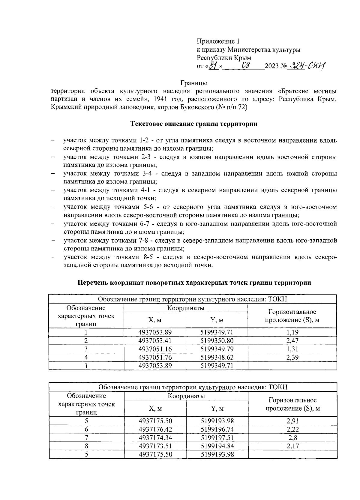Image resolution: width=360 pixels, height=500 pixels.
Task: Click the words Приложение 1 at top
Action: (x=218, y=41)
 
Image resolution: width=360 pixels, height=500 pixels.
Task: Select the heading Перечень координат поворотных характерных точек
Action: (x=194, y=283)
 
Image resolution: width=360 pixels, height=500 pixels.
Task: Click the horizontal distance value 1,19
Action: (x=292, y=332)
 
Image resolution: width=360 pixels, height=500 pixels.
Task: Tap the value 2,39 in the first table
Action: (x=292, y=357)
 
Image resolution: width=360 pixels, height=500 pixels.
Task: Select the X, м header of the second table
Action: (x=155, y=408)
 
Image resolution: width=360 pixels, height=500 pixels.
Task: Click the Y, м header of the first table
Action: (x=217, y=320)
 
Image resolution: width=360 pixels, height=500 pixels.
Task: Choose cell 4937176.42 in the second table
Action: (x=155, y=429)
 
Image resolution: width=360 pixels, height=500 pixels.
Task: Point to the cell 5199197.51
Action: (x=217, y=438)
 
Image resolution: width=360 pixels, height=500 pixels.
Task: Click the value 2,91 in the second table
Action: (x=292, y=421)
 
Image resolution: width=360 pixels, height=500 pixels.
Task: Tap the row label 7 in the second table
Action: (x=87, y=438)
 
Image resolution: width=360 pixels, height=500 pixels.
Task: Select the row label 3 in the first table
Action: (x=86, y=349)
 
